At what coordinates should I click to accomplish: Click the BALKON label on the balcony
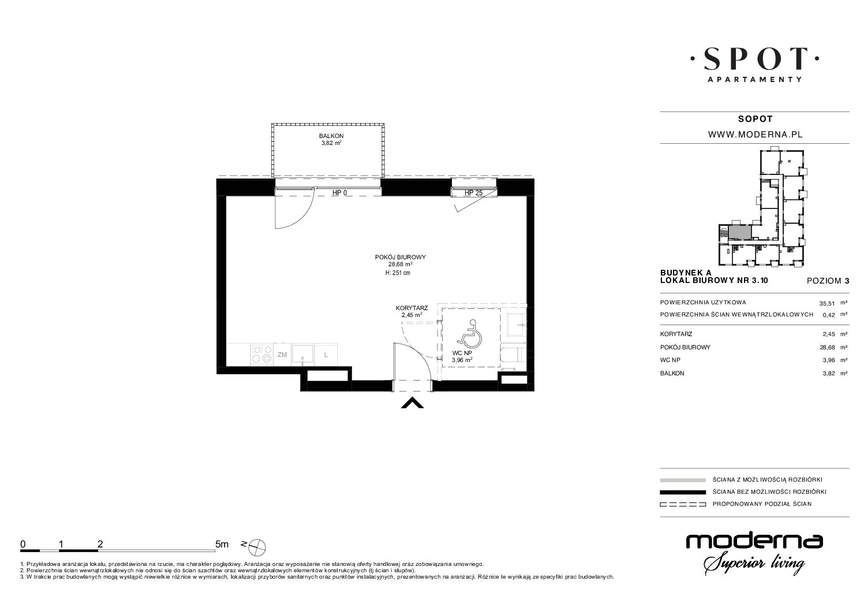coord(331,136)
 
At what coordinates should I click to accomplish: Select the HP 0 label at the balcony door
coord(340,193)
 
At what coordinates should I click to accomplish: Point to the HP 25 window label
coord(473,193)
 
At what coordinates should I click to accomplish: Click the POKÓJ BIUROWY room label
coord(400,257)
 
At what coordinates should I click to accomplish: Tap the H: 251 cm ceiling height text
coord(398,273)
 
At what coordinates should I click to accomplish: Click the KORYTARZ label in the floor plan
coord(412,308)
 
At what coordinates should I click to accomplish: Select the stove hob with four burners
coord(262,355)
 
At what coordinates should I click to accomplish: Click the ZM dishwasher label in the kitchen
coord(282,355)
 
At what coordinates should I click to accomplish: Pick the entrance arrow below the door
coord(412,403)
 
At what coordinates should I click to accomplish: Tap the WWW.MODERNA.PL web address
coord(755,135)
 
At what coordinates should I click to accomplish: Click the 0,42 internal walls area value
coord(829,315)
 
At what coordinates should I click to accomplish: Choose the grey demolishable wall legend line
coord(683,480)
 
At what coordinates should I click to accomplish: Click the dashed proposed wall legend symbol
coord(683,504)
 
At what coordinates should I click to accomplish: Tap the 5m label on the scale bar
coord(222,544)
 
